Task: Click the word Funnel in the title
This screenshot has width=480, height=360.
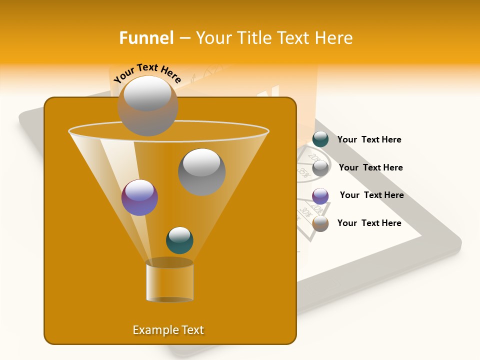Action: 146,38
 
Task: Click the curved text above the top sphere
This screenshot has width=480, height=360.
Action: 147,72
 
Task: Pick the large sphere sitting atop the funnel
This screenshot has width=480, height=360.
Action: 147,105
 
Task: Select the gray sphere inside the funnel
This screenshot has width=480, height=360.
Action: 201,171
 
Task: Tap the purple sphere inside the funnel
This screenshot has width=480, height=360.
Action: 139,197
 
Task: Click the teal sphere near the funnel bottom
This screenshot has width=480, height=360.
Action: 179,240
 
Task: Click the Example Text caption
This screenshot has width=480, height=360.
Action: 168,330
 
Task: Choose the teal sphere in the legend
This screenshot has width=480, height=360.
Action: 320,139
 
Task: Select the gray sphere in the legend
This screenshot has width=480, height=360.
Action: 320,168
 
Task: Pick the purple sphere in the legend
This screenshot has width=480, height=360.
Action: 320,196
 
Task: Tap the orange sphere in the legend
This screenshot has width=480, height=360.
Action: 320,223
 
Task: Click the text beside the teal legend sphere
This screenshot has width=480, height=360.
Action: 369,139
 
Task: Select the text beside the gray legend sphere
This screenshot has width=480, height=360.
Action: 370,167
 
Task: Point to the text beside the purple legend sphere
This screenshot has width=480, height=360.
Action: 371,195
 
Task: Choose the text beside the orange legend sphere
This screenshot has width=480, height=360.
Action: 369,223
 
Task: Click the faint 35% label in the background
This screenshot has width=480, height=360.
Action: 303,172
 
